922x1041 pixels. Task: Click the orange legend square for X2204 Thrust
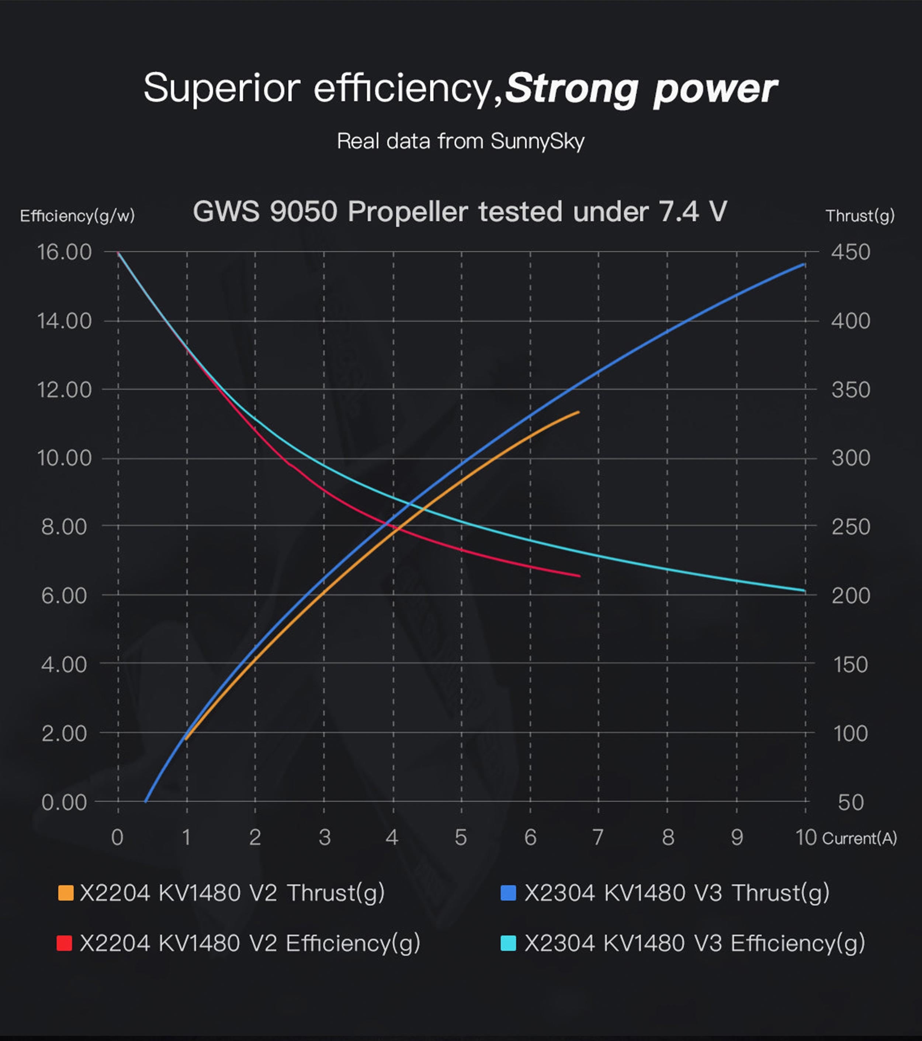[66, 893]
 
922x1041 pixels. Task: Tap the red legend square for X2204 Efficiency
[64, 943]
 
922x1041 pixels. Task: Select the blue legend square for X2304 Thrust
[508, 893]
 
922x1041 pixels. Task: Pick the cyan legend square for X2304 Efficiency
[508, 943]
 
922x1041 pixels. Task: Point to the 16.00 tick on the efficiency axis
[64, 252]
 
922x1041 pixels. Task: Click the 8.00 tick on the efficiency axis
[64, 527]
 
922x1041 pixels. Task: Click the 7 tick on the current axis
[598, 837]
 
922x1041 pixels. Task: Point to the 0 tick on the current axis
[117, 837]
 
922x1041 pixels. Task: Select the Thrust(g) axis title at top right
[860, 216]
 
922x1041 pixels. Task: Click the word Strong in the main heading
[572, 89]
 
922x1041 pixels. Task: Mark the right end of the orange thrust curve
[578, 412]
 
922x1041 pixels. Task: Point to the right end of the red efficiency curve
[579, 576]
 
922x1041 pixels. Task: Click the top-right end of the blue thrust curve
[804, 264]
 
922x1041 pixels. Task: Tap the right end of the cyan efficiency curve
[804, 591]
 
